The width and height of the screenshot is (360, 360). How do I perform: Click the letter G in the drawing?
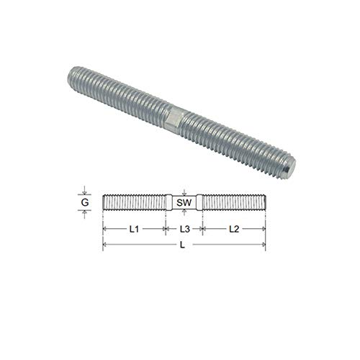click(86, 203)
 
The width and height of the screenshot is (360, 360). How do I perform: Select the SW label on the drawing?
click(184, 204)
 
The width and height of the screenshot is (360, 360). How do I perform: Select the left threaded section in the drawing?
click(134, 203)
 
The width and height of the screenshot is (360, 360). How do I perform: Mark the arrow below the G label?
click(86, 215)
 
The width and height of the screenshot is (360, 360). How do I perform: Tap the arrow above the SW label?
click(184, 193)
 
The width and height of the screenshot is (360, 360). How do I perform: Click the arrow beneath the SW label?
click(184, 214)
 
